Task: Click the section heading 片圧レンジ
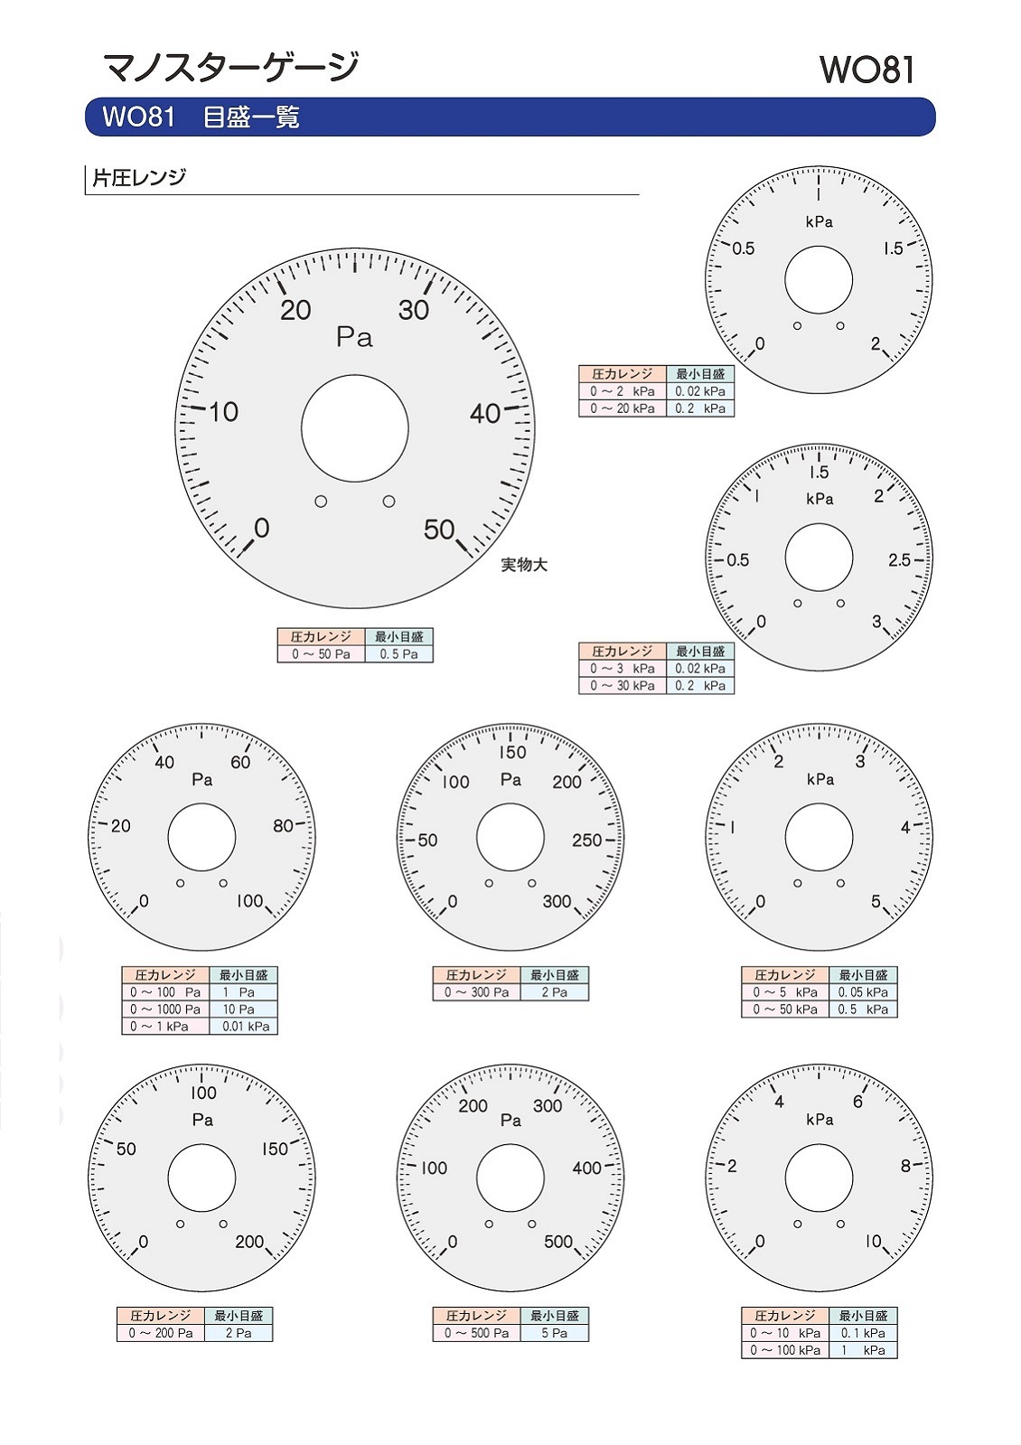[x=139, y=177]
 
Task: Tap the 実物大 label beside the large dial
[x=524, y=565]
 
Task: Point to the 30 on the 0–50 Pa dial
[x=414, y=310]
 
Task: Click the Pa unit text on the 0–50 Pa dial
[x=354, y=337]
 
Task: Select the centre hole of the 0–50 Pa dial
[x=355, y=427]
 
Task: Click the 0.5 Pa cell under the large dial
[x=398, y=653]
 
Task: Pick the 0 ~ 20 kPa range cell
[x=623, y=408]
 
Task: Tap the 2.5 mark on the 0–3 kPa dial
[x=899, y=560]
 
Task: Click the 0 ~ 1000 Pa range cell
[x=165, y=1009]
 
